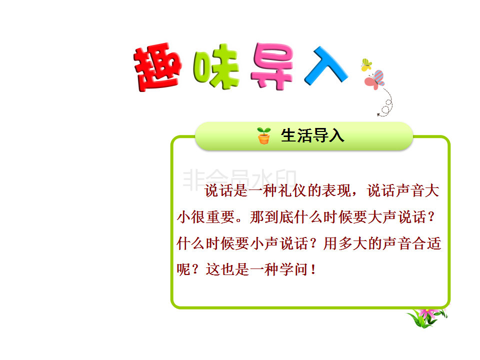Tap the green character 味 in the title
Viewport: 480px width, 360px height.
tap(216, 66)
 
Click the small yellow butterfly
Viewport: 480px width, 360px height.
tap(366, 65)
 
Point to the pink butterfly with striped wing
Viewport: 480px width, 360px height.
tap(374, 80)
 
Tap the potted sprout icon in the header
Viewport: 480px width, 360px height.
tap(264, 135)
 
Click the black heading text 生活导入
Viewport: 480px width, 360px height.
tap(312, 135)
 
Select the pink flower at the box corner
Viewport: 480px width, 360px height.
tap(427, 317)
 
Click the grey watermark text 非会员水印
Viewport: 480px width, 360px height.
tap(239, 178)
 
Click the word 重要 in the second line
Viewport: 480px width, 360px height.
tap(220, 217)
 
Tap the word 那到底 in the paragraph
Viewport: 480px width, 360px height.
tap(271, 217)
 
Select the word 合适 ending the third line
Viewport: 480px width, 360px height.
tap(426, 243)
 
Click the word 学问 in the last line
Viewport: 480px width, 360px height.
tap(293, 269)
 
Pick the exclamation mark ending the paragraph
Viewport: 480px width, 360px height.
tap(313, 269)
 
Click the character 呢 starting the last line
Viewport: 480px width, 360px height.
tap(183, 269)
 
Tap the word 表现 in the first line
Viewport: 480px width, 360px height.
tap(336, 190)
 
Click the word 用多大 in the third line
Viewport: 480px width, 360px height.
tap(345, 243)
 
